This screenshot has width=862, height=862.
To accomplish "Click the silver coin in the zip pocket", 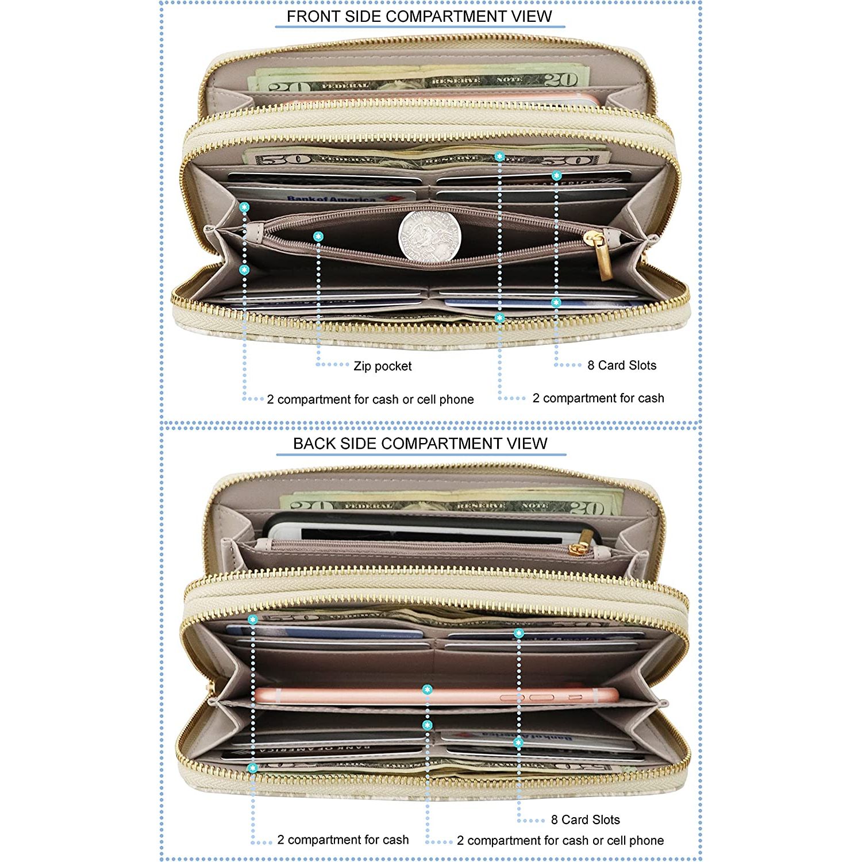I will pyautogui.click(x=429, y=236).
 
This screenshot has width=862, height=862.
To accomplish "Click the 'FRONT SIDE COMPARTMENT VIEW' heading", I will pyautogui.click(x=419, y=16).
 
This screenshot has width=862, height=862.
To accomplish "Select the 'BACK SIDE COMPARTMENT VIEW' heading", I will pyautogui.click(x=420, y=444).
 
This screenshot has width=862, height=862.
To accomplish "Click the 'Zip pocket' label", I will pyautogui.click(x=382, y=366).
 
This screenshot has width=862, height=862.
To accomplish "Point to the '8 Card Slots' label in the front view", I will pyautogui.click(x=621, y=365).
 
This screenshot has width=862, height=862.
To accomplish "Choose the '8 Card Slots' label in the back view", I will pyautogui.click(x=585, y=819).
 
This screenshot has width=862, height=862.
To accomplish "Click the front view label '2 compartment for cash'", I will pyautogui.click(x=598, y=398).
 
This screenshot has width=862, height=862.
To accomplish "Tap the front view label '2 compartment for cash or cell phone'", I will pyautogui.click(x=370, y=399).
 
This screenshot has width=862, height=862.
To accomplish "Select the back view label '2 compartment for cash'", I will pyautogui.click(x=343, y=840).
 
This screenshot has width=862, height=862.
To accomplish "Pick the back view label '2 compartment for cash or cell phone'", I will pyautogui.click(x=560, y=841).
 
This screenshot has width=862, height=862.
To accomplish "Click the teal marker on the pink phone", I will pyautogui.click(x=427, y=690).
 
